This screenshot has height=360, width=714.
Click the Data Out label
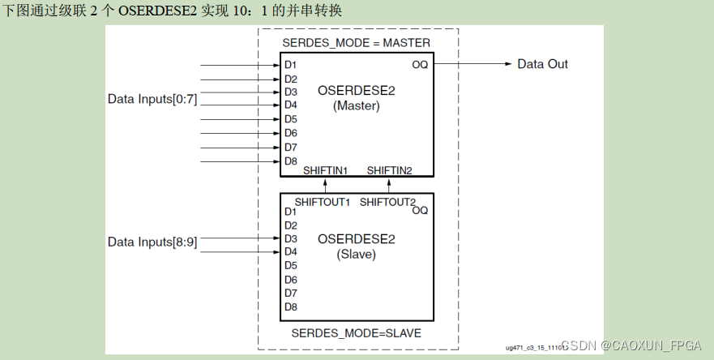(542, 64)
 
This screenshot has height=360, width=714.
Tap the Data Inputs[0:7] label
(152, 99)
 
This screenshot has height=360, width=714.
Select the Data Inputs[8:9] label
(152, 242)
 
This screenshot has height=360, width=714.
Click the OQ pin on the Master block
(420, 64)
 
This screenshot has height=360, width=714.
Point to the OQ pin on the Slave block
(420, 210)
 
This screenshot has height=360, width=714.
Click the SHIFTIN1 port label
(326, 170)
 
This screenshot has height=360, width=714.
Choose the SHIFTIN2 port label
(389, 170)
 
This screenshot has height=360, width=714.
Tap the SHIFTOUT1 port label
(322, 202)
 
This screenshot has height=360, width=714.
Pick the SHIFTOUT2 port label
(387, 202)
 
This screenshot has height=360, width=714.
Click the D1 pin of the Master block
(291, 65)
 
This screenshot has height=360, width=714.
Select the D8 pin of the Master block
(291, 161)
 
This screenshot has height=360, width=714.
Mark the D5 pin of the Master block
(291, 119)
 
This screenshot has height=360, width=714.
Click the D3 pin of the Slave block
(291, 238)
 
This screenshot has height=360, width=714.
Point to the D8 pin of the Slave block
(291, 306)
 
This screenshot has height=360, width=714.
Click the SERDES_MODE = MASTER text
(356, 42)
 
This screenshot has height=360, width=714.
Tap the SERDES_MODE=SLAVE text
(356, 333)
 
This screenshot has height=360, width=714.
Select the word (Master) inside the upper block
(356, 105)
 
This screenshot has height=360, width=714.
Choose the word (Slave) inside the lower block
(356, 254)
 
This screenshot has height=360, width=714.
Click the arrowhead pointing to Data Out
(507, 64)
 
